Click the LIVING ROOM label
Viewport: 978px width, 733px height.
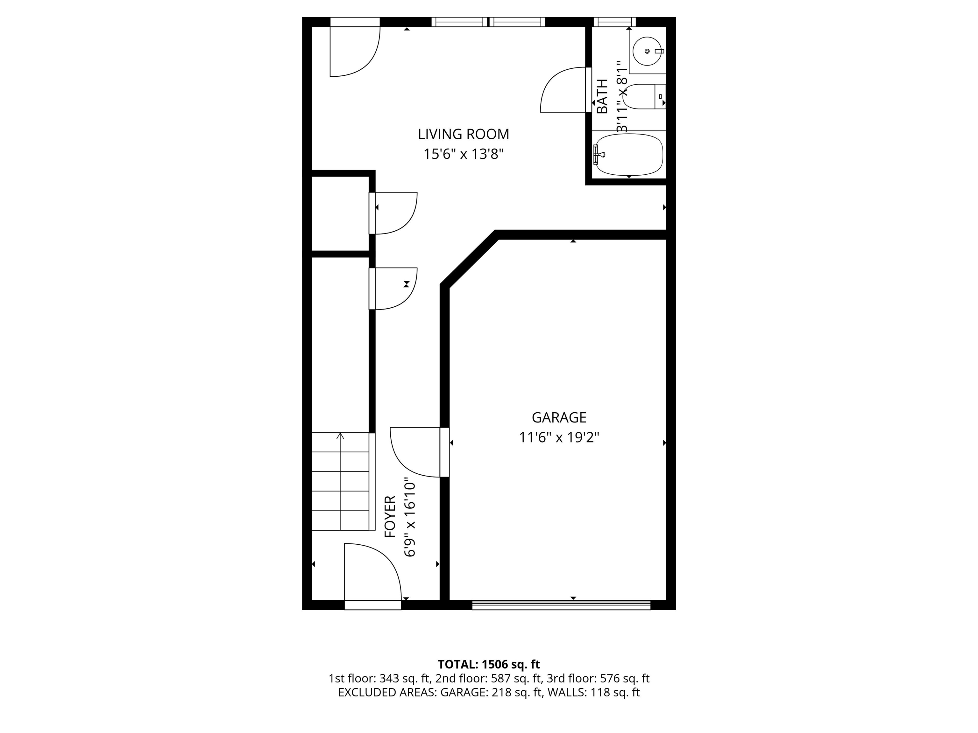coord(463,134)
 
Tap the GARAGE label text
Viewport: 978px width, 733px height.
coord(559,417)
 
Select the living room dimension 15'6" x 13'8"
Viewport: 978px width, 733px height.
coord(463,154)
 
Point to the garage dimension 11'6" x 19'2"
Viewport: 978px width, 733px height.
coord(559,437)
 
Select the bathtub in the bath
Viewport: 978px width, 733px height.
coord(629,155)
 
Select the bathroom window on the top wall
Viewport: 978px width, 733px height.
coord(614,22)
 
